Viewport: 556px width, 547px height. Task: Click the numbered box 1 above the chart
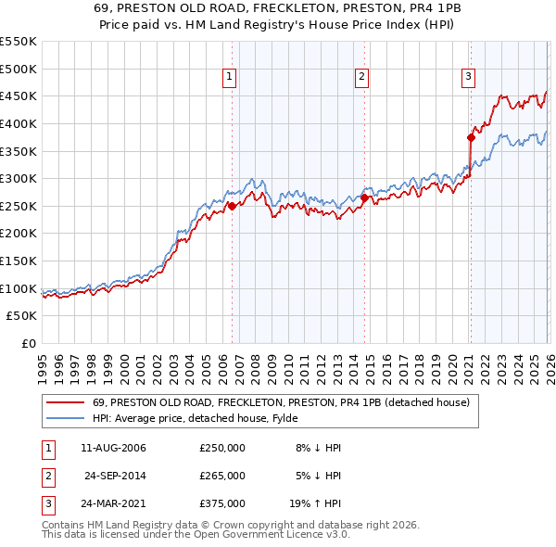(x=229, y=78)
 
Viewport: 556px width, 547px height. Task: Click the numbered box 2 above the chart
(x=361, y=78)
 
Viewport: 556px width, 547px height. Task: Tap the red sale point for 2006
(x=232, y=206)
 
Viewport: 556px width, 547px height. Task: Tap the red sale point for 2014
(x=364, y=197)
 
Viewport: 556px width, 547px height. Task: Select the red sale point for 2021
(x=471, y=137)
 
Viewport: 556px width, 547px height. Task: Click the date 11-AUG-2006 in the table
(x=114, y=448)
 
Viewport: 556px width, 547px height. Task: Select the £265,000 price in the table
(x=222, y=476)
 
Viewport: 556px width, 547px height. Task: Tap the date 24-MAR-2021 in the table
(x=114, y=503)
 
